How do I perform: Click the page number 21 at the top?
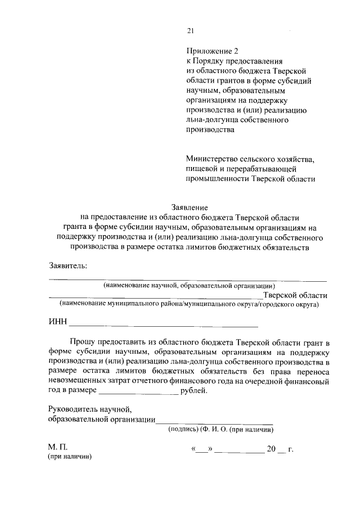190,31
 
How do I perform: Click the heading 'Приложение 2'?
208,49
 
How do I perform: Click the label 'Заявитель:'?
68,265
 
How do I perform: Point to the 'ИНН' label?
57,322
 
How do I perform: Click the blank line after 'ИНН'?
163,325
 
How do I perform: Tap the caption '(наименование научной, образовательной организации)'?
188,286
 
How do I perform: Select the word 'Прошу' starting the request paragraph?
82,342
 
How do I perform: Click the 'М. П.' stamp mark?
57,448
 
